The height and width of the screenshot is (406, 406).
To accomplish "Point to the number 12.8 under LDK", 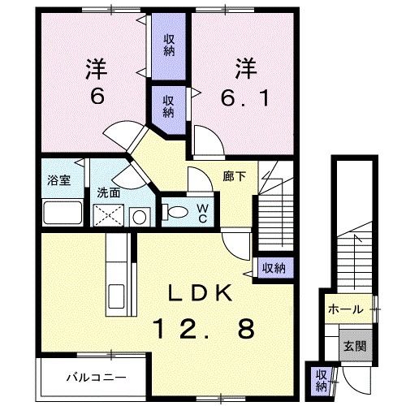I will (x=204, y=329).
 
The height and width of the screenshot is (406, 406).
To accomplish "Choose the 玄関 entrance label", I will (x=352, y=346).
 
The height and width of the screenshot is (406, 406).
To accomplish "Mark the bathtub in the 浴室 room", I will (x=62, y=214).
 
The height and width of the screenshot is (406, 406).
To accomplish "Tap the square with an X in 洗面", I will (x=110, y=216).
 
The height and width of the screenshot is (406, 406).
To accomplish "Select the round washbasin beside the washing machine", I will (x=140, y=217).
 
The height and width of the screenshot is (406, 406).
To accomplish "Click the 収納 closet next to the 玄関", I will (x=322, y=377).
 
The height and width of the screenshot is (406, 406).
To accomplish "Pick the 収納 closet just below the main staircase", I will (x=273, y=266).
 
